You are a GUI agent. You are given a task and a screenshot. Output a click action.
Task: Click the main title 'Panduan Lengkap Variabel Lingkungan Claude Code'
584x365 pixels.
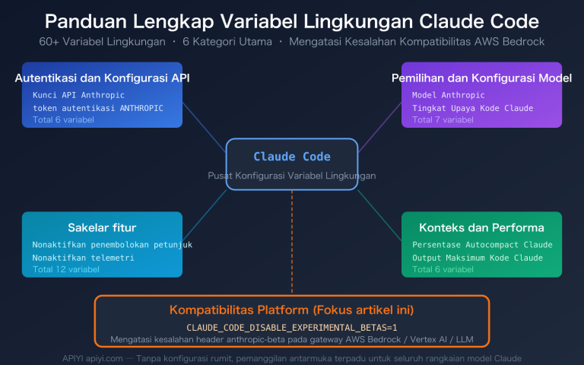point(292,20)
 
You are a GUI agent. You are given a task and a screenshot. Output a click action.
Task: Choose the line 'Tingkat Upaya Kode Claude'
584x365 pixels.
point(472,108)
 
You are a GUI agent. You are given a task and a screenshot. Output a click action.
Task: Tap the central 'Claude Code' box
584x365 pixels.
point(292,157)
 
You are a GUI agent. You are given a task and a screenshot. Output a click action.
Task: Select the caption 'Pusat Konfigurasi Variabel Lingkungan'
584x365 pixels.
point(292,176)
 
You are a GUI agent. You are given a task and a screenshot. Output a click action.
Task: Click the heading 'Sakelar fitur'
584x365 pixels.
point(102,227)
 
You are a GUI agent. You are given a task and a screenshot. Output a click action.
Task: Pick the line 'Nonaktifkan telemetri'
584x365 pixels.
point(83,258)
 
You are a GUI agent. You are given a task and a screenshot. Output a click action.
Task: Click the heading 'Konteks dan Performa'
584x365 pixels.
point(481,227)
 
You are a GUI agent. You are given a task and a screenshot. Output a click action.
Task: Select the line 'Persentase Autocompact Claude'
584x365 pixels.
point(482,245)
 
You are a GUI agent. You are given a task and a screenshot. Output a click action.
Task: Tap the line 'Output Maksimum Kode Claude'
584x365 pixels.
point(478,258)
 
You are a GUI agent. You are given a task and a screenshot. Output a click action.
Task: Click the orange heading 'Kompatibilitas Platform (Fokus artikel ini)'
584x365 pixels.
point(292,310)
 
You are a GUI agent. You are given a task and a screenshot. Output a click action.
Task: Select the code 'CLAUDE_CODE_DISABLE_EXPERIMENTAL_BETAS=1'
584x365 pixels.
point(292,326)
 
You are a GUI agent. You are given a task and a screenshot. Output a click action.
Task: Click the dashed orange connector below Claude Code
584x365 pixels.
point(292,243)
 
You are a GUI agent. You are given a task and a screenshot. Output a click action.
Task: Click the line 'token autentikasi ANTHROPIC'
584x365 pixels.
point(97,108)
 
